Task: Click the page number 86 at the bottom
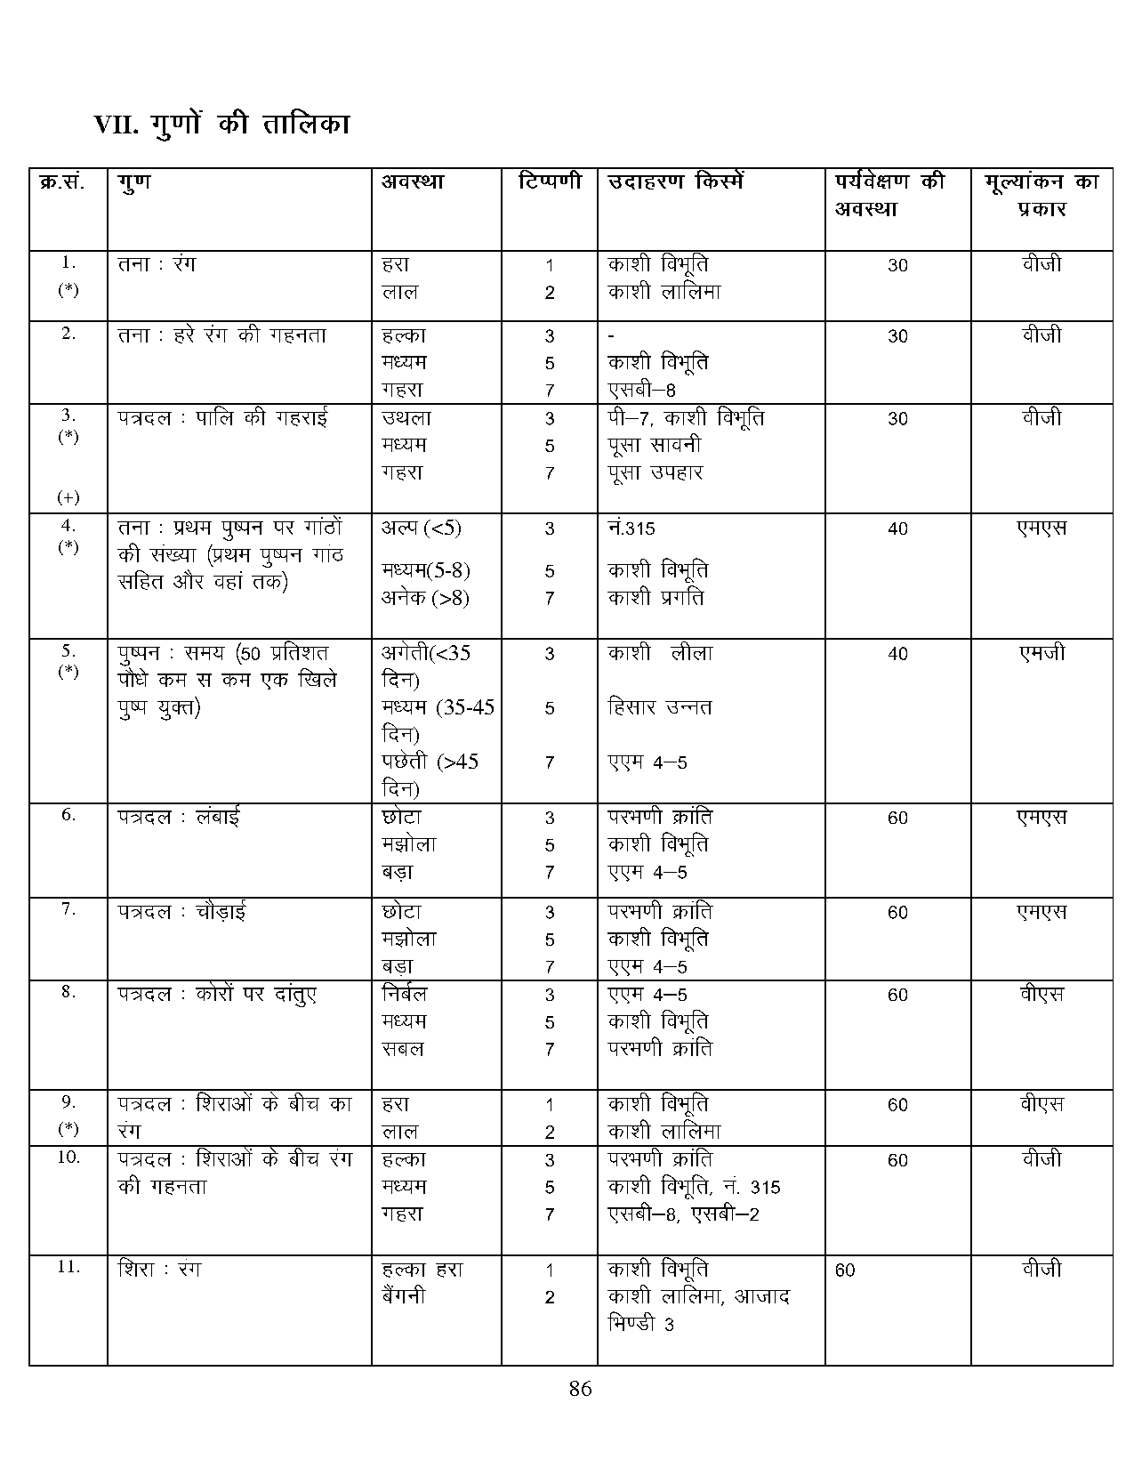click(x=580, y=1389)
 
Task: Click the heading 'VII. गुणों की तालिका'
click(x=222, y=124)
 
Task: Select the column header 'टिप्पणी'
click(x=550, y=181)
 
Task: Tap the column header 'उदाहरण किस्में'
click(x=675, y=181)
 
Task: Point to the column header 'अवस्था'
click(x=413, y=181)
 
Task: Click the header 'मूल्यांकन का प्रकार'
click(x=1041, y=195)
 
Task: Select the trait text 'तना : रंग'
click(x=157, y=264)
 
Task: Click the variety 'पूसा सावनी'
click(x=655, y=445)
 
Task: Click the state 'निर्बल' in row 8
click(x=405, y=994)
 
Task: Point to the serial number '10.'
click(x=68, y=1157)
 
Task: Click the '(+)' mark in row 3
click(x=68, y=496)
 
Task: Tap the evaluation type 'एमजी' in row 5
click(x=1042, y=653)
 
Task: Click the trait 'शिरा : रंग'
click(x=159, y=1269)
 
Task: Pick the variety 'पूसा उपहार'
click(x=655, y=472)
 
